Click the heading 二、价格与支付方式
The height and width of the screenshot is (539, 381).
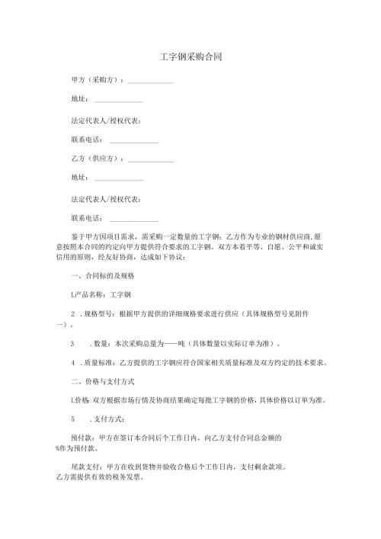(104, 380)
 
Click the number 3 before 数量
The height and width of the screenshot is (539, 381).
(72, 343)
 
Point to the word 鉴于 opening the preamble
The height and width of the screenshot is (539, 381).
(76, 237)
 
